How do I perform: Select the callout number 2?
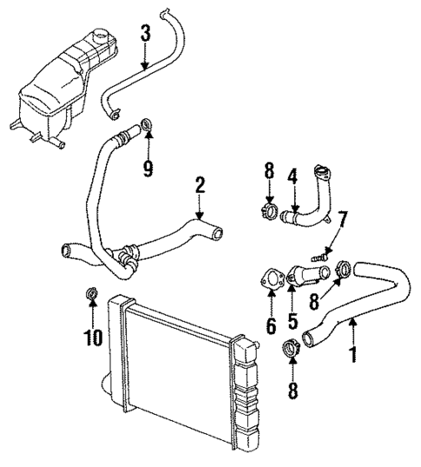click(200, 185)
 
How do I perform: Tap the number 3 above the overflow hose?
click(146, 34)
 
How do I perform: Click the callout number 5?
click(293, 320)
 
